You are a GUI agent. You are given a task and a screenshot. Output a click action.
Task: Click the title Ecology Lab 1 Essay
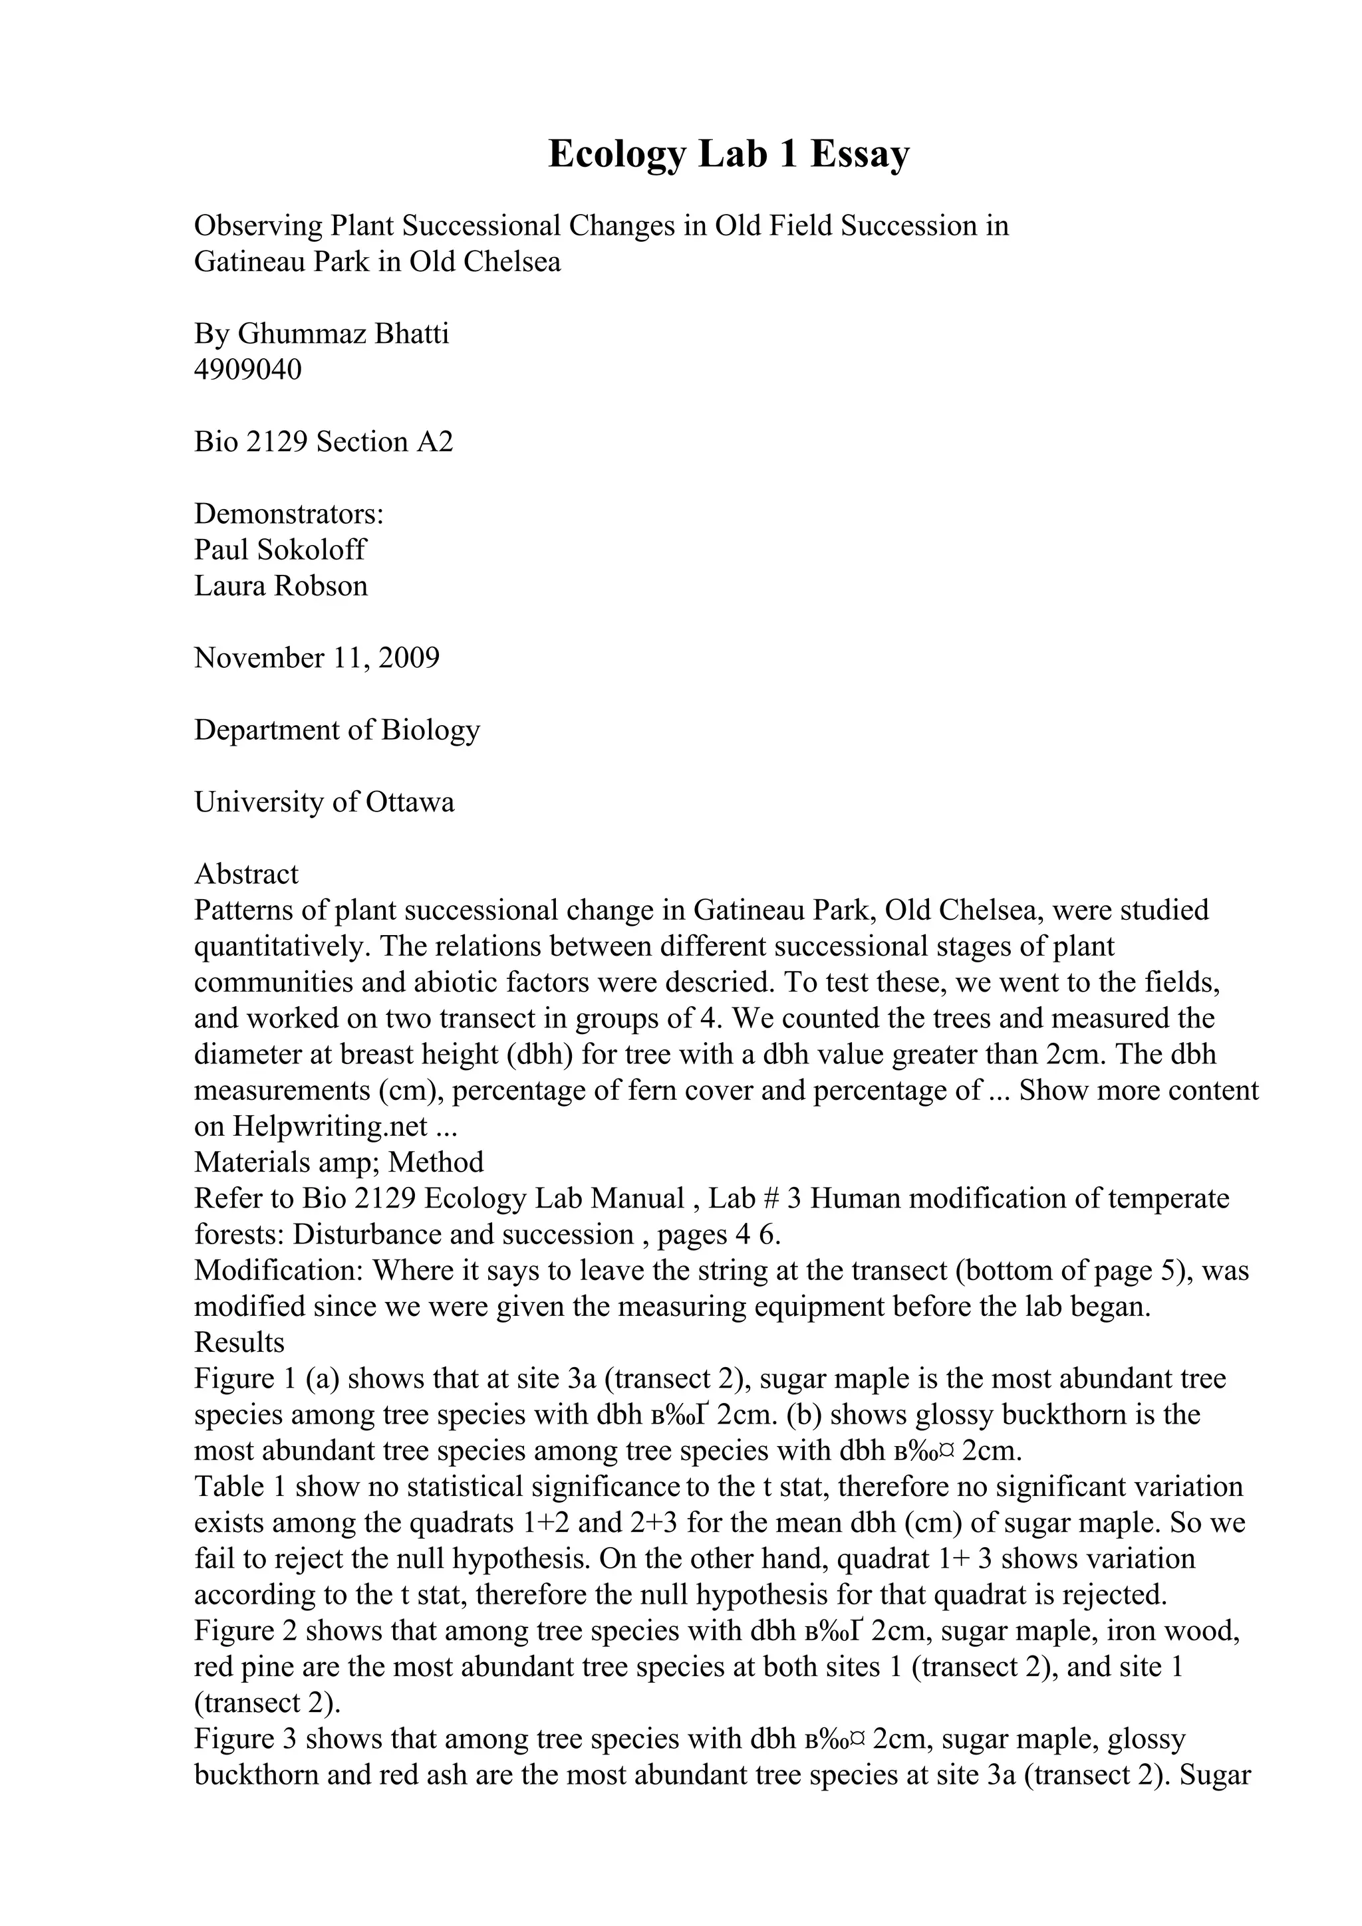coord(728,154)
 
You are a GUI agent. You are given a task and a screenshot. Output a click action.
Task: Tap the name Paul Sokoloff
coord(280,550)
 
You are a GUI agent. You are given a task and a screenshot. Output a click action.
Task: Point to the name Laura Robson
coord(281,586)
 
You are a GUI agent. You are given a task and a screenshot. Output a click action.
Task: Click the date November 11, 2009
coord(317,658)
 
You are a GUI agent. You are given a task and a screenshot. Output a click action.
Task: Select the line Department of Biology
coord(337,730)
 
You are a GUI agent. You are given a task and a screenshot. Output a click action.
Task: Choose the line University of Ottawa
coord(324,802)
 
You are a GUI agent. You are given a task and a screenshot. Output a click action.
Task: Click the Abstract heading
coord(246,874)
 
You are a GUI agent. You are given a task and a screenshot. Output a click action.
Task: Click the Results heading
coord(239,1342)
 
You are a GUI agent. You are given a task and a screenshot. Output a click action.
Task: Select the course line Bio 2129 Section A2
coord(323,442)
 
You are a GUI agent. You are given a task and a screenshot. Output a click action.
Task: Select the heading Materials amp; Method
coord(339,1162)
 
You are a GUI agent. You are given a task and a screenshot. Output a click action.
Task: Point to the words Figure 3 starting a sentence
coord(246,1739)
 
